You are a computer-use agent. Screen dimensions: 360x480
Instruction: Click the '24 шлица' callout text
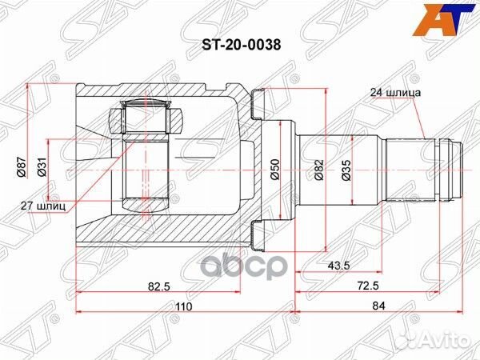point(394,92)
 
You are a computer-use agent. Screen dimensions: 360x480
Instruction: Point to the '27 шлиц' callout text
point(42,205)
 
